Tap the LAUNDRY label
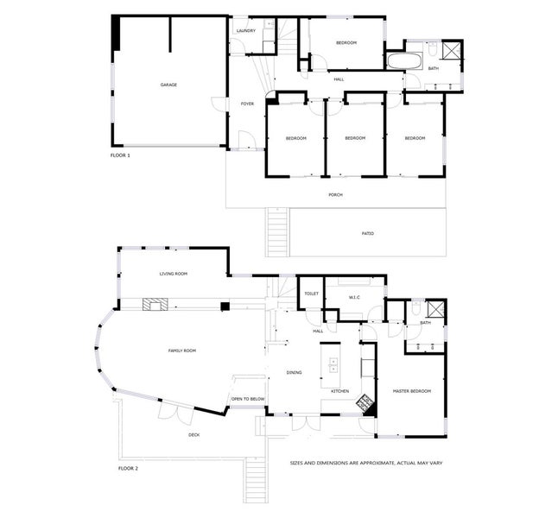tap(245, 32)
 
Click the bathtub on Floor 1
tap(403, 62)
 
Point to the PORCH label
tap(335, 195)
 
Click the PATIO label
tap(367, 233)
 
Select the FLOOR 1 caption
tap(120, 155)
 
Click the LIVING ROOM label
tap(173, 274)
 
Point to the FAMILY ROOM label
tap(181, 351)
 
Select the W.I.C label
tap(354, 298)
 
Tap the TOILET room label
tap(311, 294)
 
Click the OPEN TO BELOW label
tap(248, 399)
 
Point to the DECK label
tap(194, 435)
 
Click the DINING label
tap(295, 372)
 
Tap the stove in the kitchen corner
tap(366, 401)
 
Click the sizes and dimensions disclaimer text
tap(367, 463)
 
